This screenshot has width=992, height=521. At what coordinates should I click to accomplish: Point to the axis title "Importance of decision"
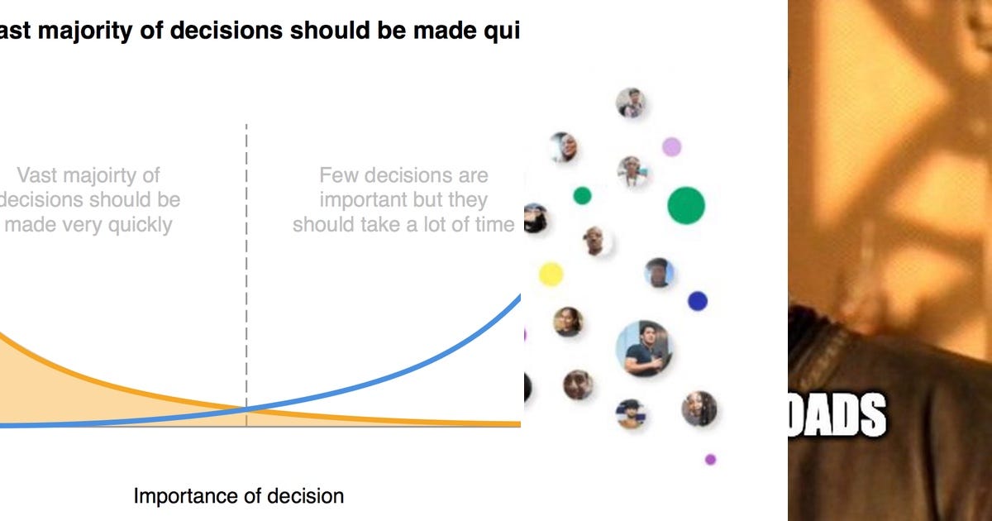click(x=238, y=496)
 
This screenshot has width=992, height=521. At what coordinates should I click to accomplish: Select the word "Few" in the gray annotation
click(x=337, y=175)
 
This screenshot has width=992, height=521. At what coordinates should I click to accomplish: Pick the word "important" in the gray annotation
click(x=360, y=200)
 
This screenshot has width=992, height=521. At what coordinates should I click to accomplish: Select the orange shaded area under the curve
click(x=50, y=397)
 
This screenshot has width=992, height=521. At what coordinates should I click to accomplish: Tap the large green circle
click(x=685, y=205)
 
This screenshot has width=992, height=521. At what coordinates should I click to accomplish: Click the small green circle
click(x=582, y=196)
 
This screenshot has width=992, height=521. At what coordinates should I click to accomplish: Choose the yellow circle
click(x=551, y=274)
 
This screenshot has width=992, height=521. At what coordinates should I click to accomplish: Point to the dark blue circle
click(x=697, y=301)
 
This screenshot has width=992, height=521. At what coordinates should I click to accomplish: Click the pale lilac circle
click(x=671, y=147)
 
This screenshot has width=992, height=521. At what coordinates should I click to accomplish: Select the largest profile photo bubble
click(x=643, y=348)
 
